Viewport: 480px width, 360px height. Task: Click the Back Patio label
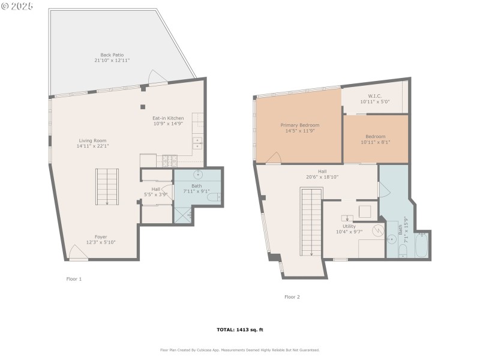click(112, 55)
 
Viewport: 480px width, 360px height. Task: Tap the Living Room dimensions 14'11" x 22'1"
click(92, 146)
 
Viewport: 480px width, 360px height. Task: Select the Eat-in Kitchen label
click(168, 118)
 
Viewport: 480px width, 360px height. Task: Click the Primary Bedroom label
click(300, 125)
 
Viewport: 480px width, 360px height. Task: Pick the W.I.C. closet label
click(375, 96)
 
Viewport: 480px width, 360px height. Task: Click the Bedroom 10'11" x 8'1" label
click(375, 137)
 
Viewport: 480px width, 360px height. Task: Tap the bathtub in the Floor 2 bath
click(422, 246)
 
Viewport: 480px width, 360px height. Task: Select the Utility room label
click(349, 226)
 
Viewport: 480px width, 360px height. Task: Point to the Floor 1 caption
click(74, 279)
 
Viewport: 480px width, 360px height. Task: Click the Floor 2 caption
click(292, 296)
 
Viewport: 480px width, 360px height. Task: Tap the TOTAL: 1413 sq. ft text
click(240, 329)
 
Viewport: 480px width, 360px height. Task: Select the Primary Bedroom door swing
click(274, 158)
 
